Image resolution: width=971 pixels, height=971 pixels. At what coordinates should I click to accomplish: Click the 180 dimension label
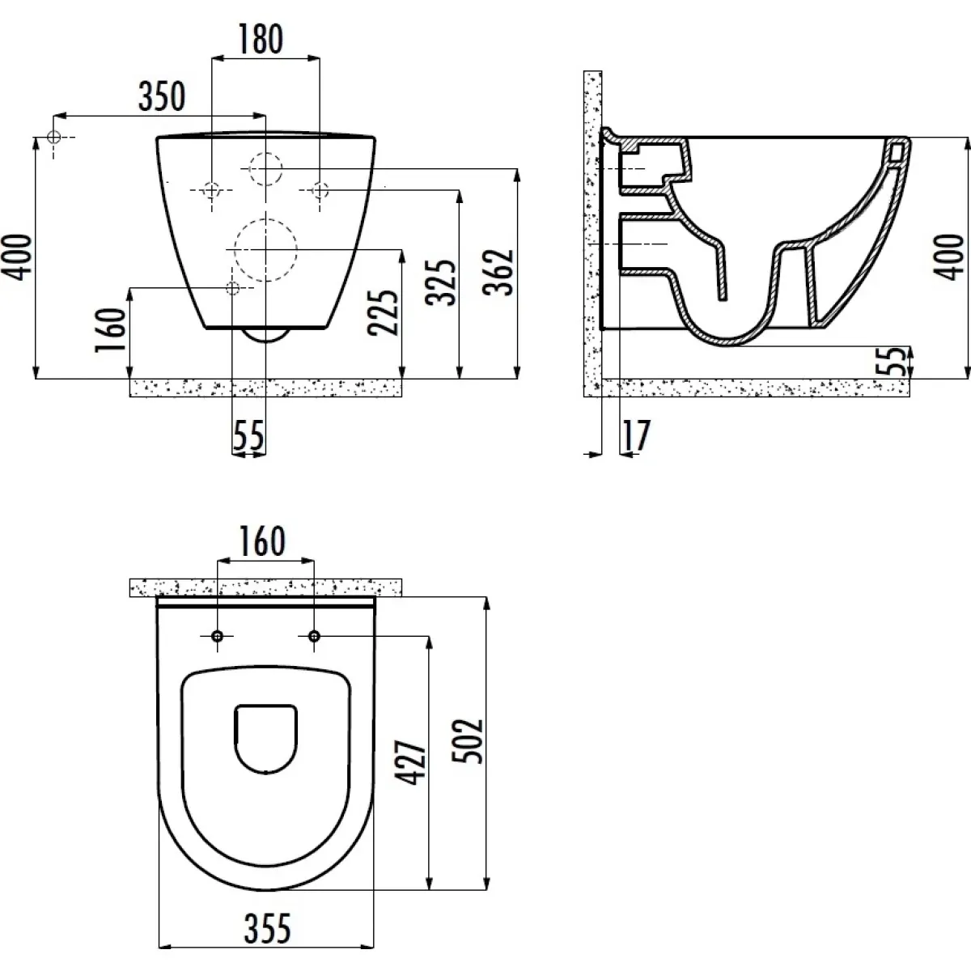(260, 39)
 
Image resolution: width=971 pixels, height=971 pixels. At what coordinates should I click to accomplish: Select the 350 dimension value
(162, 96)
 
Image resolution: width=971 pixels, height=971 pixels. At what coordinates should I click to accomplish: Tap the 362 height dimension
(498, 272)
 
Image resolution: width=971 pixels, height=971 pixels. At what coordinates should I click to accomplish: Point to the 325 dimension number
(440, 282)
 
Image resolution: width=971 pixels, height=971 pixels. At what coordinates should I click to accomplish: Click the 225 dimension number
(383, 313)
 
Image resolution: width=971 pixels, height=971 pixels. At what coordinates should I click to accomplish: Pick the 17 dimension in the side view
(637, 435)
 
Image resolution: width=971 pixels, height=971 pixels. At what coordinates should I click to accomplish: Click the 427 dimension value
(410, 762)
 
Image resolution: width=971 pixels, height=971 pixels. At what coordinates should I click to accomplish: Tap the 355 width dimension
(268, 928)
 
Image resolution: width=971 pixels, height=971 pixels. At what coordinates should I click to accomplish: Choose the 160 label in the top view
(262, 541)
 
